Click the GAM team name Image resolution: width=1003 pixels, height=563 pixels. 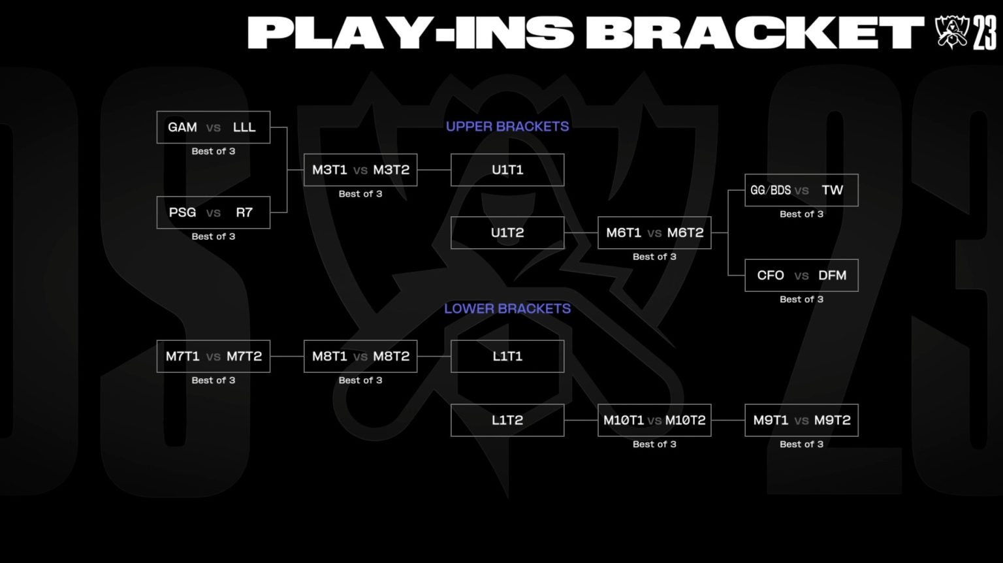point(182,127)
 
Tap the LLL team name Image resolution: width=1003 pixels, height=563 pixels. point(244,127)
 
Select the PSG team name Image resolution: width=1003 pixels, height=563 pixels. point(182,212)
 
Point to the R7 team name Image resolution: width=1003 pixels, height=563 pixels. point(244,212)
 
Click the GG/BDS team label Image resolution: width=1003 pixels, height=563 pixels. point(771,190)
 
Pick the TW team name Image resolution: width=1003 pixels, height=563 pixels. point(832,190)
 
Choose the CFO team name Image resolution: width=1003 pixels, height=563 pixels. point(771,276)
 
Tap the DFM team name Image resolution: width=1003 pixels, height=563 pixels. point(832,276)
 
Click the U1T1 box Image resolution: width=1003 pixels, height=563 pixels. point(507,170)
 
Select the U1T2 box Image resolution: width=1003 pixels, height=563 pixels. point(507,233)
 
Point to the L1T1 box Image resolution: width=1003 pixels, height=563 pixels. point(507,356)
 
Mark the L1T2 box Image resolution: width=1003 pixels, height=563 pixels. point(507,420)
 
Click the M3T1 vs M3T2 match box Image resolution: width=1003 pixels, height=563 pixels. point(360,170)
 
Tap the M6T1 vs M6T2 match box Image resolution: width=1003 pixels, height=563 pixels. point(654,233)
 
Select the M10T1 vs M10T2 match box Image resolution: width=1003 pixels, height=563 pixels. point(654,420)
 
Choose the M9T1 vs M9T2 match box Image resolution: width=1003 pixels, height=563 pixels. point(801,420)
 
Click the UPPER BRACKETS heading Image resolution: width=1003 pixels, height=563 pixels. point(507,127)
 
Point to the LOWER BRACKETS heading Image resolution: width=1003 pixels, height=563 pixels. point(507,308)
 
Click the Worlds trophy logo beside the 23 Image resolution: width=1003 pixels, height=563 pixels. point(951,31)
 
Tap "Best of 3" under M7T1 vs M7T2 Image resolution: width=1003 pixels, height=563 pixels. point(214,380)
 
